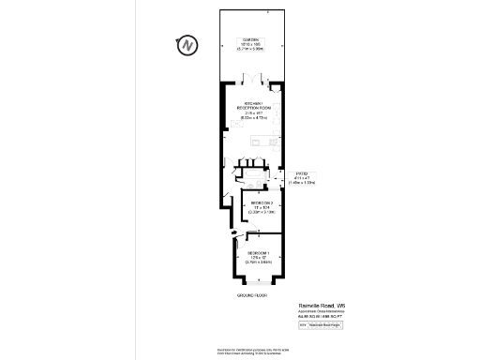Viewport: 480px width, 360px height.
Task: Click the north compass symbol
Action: pos(187,45)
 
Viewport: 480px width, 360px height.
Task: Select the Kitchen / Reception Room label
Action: pos(256,106)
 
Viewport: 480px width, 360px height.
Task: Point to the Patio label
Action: pos(302,173)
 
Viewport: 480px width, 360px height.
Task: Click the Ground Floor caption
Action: pos(253,295)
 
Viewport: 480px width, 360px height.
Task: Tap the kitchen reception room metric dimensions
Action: pos(256,118)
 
